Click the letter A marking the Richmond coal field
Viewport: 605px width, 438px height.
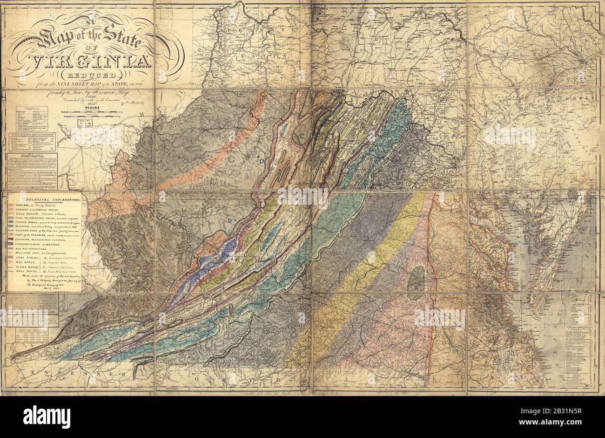[416, 288]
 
